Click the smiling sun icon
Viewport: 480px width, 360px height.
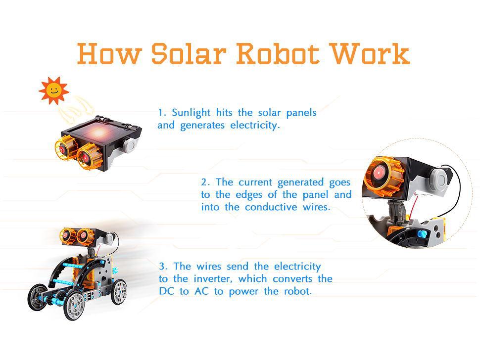(53, 90)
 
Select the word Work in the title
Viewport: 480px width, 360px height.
(371, 54)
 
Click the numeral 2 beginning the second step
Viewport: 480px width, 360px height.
(203, 182)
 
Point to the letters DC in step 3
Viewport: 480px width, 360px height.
(166, 291)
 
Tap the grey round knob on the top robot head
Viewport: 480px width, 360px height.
(130, 144)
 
